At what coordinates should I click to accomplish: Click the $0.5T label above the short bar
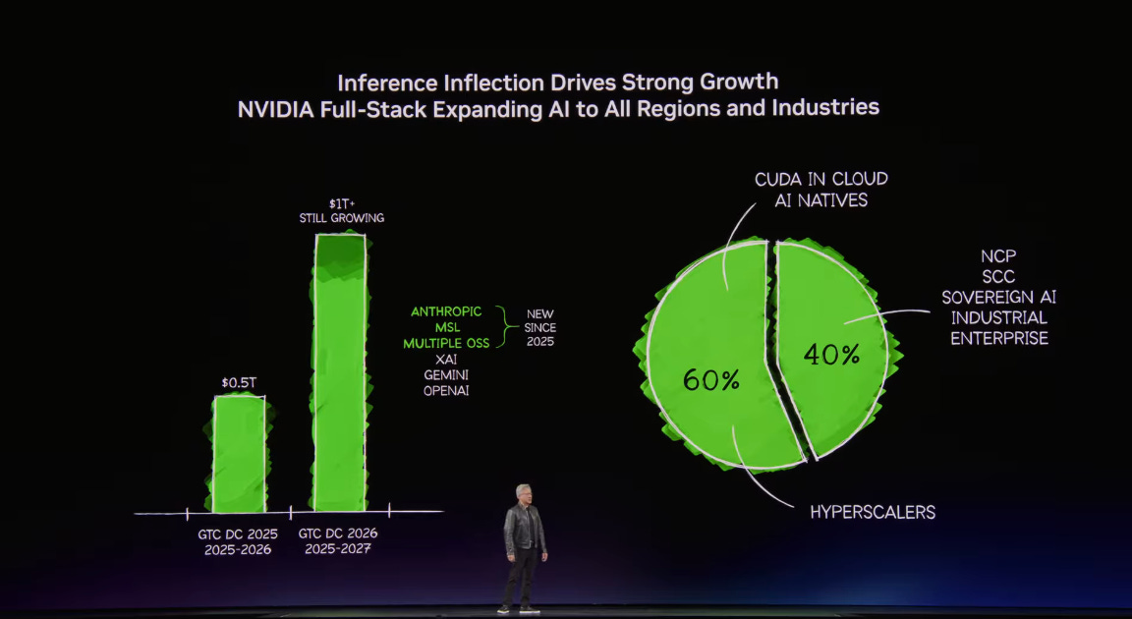(x=239, y=381)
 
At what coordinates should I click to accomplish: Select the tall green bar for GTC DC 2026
(x=340, y=373)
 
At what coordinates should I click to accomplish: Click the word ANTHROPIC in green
(x=446, y=311)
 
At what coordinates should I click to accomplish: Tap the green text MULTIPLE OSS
(x=446, y=343)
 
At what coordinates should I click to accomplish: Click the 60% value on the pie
(x=710, y=379)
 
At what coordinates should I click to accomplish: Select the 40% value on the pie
(x=832, y=355)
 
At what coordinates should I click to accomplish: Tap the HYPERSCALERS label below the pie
(x=873, y=512)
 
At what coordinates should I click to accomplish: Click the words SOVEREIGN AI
(x=998, y=298)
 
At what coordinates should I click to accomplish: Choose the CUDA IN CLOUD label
(x=821, y=179)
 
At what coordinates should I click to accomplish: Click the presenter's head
(x=524, y=493)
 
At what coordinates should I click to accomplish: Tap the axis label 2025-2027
(x=337, y=549)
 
